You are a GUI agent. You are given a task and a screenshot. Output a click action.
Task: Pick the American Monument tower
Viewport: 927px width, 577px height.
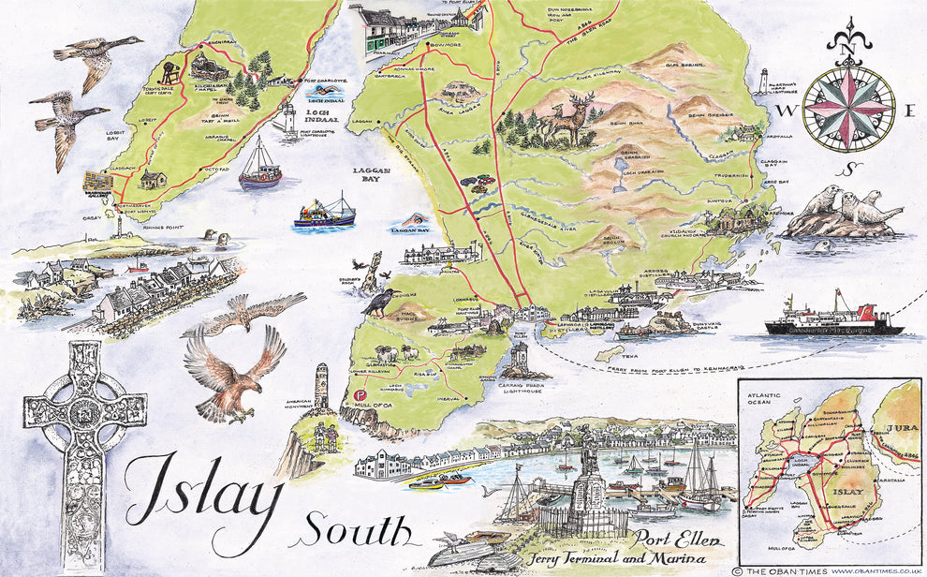[x=321, y=385]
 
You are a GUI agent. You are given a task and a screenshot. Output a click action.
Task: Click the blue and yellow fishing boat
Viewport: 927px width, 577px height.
[x=324, y=215]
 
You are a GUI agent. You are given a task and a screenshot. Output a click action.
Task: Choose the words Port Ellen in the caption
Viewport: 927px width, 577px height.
[x=669, y=540]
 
